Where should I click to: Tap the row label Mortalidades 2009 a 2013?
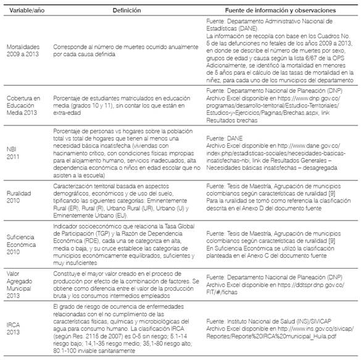click(x=25, y=51)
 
